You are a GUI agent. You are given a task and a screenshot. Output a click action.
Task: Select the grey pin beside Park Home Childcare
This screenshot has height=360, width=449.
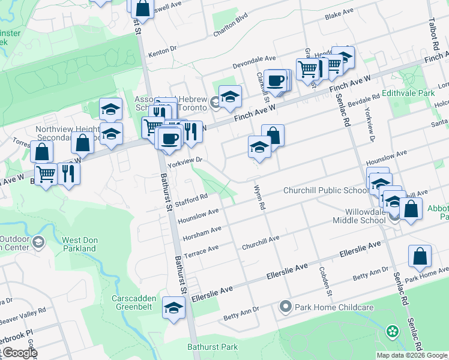(286, 307)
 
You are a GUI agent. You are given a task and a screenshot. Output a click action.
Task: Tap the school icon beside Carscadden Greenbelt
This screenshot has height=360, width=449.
(174, 308)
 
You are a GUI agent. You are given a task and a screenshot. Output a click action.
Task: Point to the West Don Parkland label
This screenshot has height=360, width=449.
(79, 244)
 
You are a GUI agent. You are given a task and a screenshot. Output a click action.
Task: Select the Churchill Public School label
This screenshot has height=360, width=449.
(326, 191)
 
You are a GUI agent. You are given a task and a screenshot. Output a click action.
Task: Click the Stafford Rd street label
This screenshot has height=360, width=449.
(191, 198)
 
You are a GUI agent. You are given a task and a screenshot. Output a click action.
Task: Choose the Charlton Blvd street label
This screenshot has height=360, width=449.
(231, 26)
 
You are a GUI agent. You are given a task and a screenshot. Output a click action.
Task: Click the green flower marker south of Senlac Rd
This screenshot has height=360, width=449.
(392, 331)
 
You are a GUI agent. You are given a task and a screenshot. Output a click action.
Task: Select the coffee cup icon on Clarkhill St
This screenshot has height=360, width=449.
(276, 80)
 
